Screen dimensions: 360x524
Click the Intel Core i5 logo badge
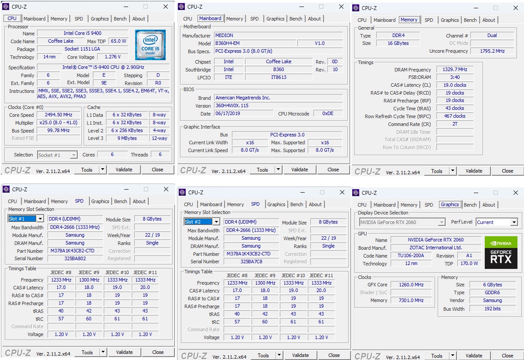[150, 45]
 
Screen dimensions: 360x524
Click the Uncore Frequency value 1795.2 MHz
[492, 51]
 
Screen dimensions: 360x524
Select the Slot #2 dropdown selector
[202, 222]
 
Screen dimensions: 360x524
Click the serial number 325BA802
[75, 258]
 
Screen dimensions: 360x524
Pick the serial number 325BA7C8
[251, 262]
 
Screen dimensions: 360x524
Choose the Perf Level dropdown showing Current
[497, 222]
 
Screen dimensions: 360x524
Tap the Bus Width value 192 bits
[492, 309]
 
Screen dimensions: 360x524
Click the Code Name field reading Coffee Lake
[61, 41]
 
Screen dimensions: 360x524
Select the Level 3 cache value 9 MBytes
[126, 138]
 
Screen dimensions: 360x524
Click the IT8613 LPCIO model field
[279, 77]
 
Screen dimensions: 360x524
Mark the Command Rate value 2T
[455, 124]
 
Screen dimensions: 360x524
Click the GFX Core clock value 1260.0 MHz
[411, 285]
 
